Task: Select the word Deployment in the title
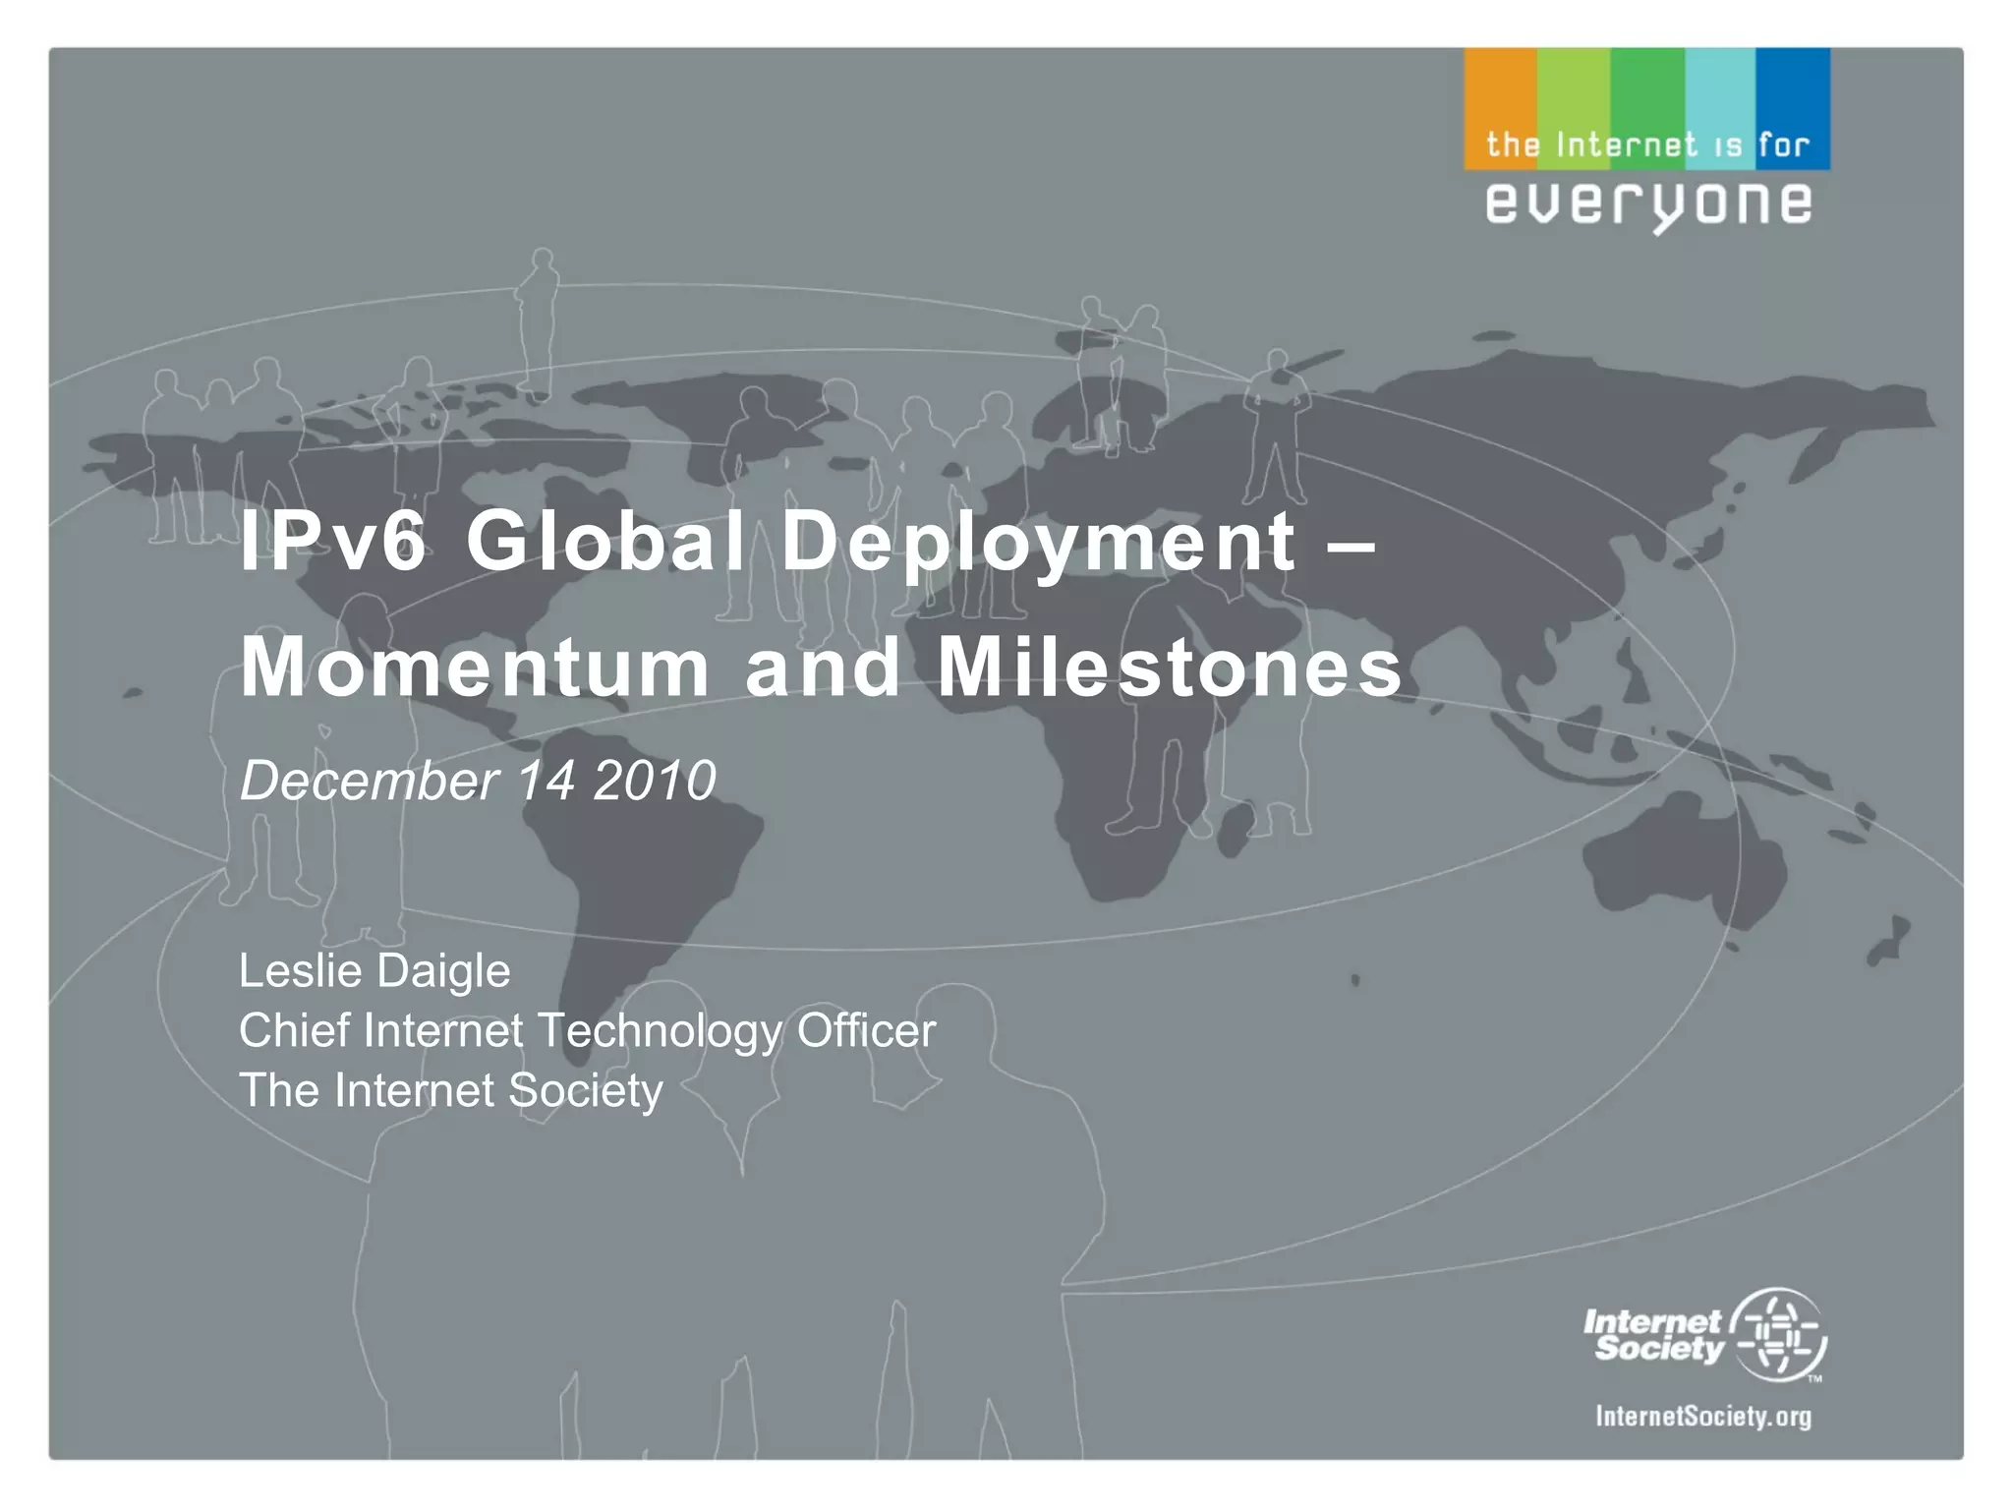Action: pyautogui.click(x=1038, y=543)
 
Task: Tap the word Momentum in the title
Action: pyautogui.click(x=475, y=668)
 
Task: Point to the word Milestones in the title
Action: pyautogui.click(x=1170, y=668)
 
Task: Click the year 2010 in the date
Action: pyautogui.click(x=655, y=782)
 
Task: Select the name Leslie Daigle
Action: pyautogui.click(x=374, y=971)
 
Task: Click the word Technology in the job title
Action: pyautogui.click(x=661, y=1031)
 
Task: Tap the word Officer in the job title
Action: pyautogui.click(x=866, y=1031)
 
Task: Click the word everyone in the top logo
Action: pyautogui.click(x=1648, y=204)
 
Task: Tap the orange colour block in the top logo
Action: pyautogui.click(x=1500, y=93)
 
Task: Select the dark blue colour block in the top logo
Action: pyautogui.click(x=1793, y=93)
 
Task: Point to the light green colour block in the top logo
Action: pyautogui.click(x=1574, y=93)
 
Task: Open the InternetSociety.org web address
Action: pyautogui.click(x=1703, y=1417)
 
